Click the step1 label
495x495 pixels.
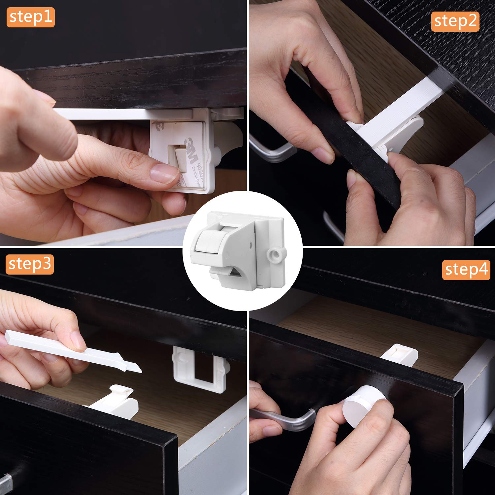coord(30,17)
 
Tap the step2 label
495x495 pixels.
coord(455,21)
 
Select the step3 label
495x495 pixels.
coord(30,264)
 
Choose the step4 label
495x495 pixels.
coord(466,270)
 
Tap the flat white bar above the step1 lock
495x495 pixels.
coord(125,114)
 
